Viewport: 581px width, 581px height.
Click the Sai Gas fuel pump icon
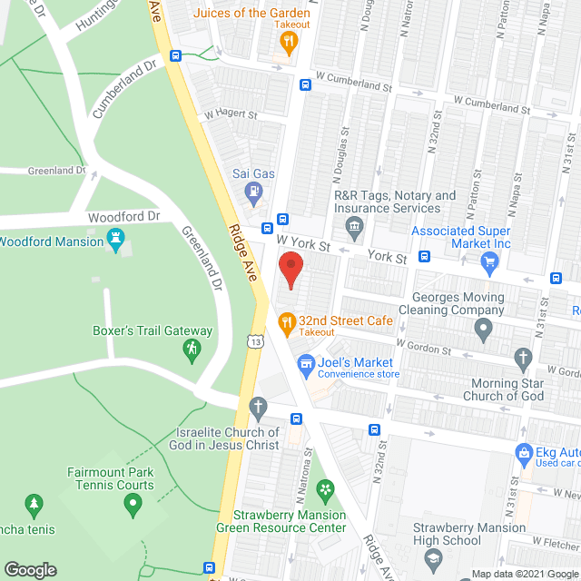253,192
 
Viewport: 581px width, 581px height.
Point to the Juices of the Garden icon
289,40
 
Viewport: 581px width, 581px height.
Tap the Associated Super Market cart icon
490,263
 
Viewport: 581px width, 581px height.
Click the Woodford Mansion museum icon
115,241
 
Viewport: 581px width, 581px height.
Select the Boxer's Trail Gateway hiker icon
192,349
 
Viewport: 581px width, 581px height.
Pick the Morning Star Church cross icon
523,358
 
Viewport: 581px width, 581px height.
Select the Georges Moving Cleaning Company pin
484,328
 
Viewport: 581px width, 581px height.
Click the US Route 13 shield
258,340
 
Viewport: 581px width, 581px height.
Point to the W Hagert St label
231,115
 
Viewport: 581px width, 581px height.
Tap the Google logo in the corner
30,570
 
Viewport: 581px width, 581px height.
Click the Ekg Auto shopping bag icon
523,452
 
